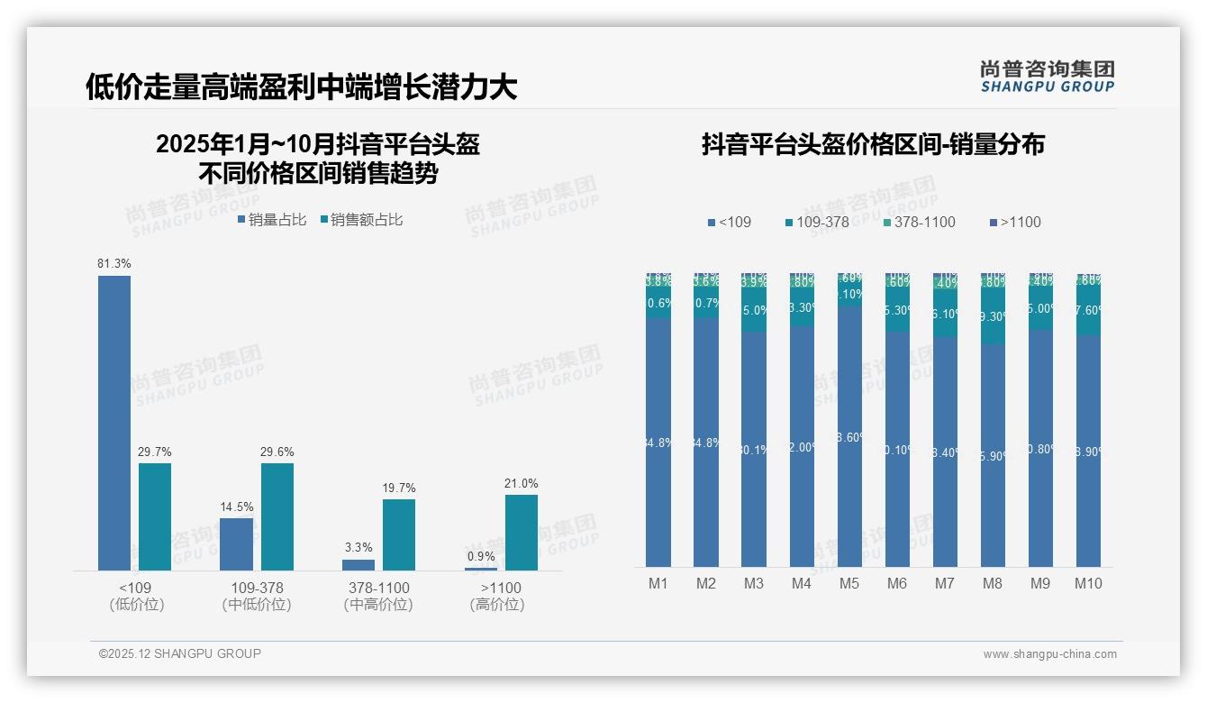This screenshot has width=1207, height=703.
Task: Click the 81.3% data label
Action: pos(114,264)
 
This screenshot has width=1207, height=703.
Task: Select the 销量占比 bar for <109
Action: pos(114,423)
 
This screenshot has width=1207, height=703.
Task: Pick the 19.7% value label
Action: pos(399,488)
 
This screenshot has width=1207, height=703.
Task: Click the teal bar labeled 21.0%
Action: pos(521,532)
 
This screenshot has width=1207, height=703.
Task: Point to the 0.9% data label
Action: pos(481,557)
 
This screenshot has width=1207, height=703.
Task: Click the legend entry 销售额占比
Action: pos(361,220)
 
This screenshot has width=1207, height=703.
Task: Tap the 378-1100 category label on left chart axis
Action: pos(378,588)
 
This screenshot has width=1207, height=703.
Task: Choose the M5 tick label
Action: pos(849,584)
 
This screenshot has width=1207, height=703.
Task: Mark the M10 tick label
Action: pos(1088,584)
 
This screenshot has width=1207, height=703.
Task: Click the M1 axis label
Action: pos(658,584)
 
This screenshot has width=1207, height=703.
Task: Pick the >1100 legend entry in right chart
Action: pos(1014,223)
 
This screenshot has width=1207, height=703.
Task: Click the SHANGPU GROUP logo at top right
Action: pos(1048,77)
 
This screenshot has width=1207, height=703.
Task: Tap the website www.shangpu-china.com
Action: pos(1049,654)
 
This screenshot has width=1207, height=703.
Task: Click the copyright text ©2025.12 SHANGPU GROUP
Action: pos(180,654)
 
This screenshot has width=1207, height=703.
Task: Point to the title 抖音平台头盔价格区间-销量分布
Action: pos(873,145)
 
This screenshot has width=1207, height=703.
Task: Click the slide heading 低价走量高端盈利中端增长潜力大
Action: pos(302,87)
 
